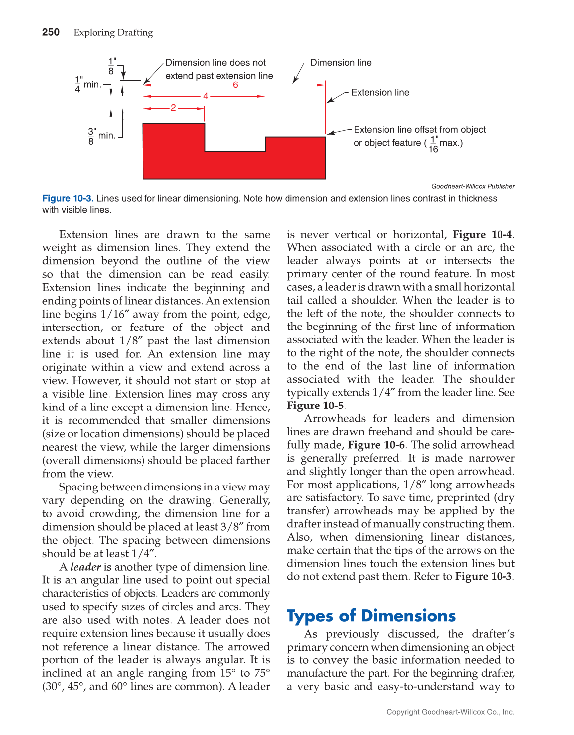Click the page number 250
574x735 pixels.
(x=51, y=32)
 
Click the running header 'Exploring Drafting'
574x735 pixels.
(x=113, y=33)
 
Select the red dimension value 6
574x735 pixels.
(x=235, y=85)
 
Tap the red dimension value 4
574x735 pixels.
(x=206, y=96)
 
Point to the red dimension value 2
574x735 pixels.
(x=173, y=108)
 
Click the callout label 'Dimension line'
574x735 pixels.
(x=341, y=63)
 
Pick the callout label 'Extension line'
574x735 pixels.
(x=380, y=93)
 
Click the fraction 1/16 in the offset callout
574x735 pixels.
(x=433, y=144)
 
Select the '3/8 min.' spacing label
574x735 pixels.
(x=102, y=136)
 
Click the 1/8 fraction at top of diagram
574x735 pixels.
(x=112, y=66)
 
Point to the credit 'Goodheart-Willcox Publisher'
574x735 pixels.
(x=473, y=186)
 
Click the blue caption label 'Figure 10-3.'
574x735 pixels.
(x=68, y=198)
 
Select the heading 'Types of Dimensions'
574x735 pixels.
(x=371, y=616)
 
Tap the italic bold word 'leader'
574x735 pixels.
(x=85, y=567)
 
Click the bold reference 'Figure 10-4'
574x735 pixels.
(x=483, y=235)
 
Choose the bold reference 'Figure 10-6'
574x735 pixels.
(x=376, y=445)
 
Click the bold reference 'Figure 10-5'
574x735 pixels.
(x=315, y=406)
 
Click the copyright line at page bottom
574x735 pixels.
(x=450, y=712)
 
